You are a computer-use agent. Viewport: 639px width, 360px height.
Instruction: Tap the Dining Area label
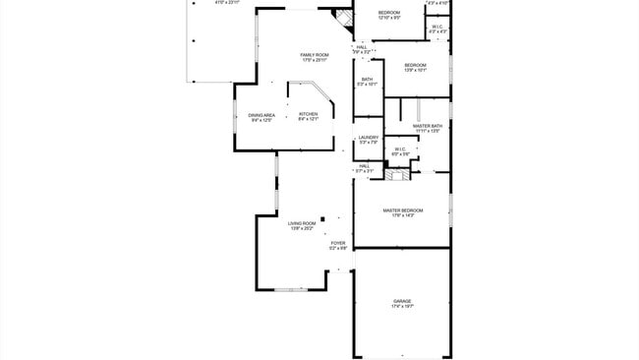coord(261,117)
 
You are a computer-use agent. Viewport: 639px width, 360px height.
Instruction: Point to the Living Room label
coord(301,226)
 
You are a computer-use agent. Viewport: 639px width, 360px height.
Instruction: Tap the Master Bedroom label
coord(403,211)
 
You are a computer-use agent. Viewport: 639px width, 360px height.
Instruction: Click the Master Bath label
coord(428,128)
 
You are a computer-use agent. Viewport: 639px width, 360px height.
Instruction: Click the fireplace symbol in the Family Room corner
coord(342,19)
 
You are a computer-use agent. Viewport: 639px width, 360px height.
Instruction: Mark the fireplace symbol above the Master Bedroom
coord(395,176)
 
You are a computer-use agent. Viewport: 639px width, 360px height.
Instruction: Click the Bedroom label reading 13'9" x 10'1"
coord(415,67)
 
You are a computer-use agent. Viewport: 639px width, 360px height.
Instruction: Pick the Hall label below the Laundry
coord(364,168)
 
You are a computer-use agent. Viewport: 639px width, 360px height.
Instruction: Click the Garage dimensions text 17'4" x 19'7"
coord(402,307)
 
